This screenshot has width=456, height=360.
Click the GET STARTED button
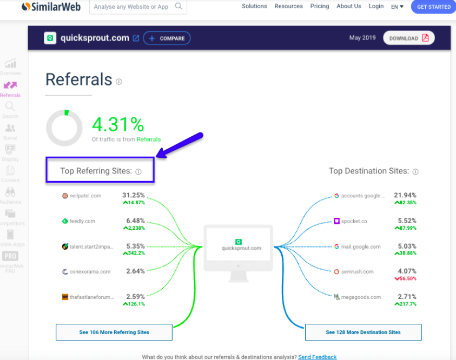click(x=433, y=6)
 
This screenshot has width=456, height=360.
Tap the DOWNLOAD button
click(x=408, y=38)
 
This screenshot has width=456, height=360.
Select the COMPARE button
click(x=167, y=38)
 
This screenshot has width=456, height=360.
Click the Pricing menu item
click(x=320, y=6)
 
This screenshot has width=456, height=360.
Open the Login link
click(x=376, y=6)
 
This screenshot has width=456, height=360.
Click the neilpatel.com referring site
click(x=85, y=196)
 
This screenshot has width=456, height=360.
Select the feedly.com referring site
click(x=82, y=221)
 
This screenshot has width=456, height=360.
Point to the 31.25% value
click(x=134, y=195)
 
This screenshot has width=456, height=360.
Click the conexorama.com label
click(x=90, y=272)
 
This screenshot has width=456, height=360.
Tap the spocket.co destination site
click(x=354, y=221)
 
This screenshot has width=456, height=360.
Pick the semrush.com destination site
click(x=357, y=272)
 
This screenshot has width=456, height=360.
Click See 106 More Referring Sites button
click(x=114, y=332)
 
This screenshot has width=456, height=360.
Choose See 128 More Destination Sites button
click(x=363, y=332)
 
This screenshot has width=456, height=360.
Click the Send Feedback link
click(x=317, y=357)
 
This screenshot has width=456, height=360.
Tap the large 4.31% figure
click(x=118, y=124)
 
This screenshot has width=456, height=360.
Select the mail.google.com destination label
click(x=360, y=246)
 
